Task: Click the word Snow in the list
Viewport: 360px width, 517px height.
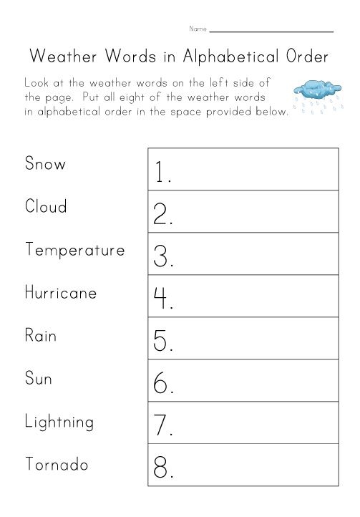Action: pos(45,164)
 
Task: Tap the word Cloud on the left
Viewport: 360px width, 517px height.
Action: pos(46,207)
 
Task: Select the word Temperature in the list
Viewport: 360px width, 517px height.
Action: pos(74,251)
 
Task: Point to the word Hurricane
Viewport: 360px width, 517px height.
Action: pos(60,293)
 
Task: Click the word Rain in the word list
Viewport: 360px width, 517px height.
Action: pos(40,336)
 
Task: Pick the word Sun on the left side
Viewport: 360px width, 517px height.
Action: pos(39,378)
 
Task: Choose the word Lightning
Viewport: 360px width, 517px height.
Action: pos(59,422)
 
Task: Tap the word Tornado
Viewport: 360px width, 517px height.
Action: pos(56,464)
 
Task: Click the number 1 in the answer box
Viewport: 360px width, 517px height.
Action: pos(161,171)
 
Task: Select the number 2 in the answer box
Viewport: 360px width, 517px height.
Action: pos(162,214)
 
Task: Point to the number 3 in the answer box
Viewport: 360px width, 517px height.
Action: pos(162,256)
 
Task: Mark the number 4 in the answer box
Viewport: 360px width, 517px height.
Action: pos(162,299)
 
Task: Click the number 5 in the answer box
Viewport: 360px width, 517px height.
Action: pos(162,341)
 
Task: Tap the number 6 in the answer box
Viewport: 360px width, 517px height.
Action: pos(162,384)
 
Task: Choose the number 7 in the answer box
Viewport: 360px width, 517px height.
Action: pos(162,426)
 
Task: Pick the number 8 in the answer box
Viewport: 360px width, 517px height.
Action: pos(162,468)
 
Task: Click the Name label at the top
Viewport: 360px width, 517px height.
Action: pos(198,29)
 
